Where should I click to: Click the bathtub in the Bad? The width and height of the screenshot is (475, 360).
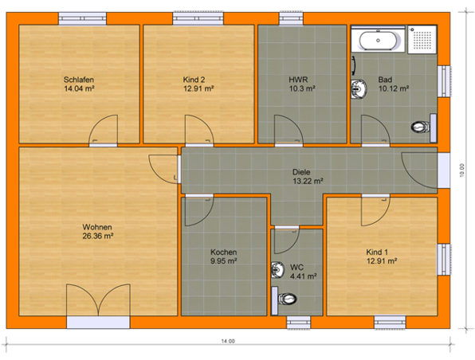pyautogui.click(x=378, y=40)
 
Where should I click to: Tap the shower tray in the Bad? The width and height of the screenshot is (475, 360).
pyautogui.click(x=422, y=40)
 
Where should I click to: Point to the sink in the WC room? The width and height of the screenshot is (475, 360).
pyautogui.click(x=278, y=269)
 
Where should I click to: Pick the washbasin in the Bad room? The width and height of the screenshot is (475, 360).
pyautogui.click(x=359, y=89)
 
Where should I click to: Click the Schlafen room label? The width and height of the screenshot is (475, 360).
pyautogui.click(x=78, y=80)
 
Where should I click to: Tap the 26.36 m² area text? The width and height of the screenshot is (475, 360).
pyautogui.click(x=97, y=236)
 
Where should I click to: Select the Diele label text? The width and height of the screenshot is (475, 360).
pyautogui.click(x=301, y=172)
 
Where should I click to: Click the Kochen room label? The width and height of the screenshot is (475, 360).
pyautogui.click(x=224, y=252)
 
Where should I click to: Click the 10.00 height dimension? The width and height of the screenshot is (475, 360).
pyautogui.click(x=461, y=170)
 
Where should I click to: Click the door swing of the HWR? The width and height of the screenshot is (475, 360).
pyautogui.click(x=289, y=129)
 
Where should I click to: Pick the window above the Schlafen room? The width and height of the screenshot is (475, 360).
pyautogui.click(x=82, y=18)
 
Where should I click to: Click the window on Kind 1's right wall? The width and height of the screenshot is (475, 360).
pyautogui.click(x=443, y=260)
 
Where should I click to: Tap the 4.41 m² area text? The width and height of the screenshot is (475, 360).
pyautogui.click(x=303, y=276)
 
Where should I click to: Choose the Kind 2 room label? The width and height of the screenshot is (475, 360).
pyautogui.click(x=194, y=80)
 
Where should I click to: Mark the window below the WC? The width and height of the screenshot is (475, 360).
pyautogui.click(x=299, y=322)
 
